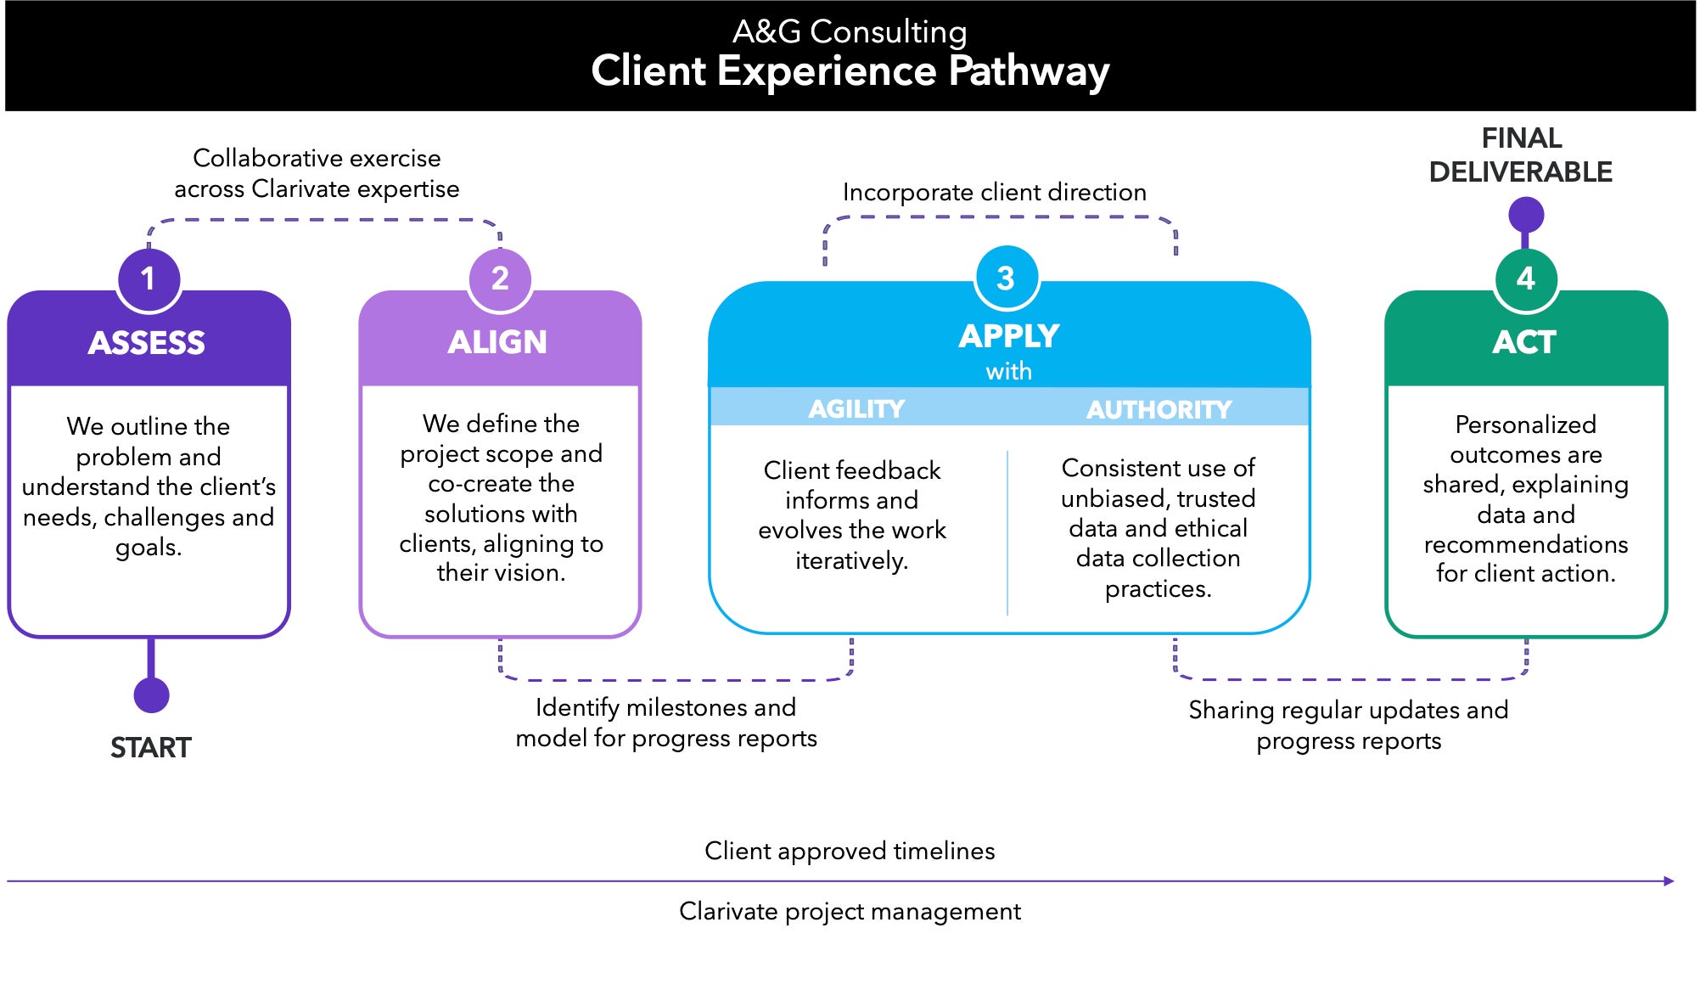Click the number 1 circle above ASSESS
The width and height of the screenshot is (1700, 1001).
[x=149, y=278]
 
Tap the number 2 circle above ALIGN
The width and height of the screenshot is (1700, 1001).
[x=500, y=278]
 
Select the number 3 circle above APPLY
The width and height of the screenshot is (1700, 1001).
[x=1006, y=278]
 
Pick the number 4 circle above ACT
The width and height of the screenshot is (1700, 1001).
[x=1525, y=278]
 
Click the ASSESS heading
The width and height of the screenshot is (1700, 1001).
[x=147, y=343]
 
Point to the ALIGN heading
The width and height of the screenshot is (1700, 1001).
[x=497, y=342]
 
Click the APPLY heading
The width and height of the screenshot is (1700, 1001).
[x=1009, y=336]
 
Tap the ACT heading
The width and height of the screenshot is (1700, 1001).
[x=1524, y=342]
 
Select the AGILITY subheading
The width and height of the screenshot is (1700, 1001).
[x=856, y=409]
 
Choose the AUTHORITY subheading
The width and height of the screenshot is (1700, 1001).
[x=1159, y=410]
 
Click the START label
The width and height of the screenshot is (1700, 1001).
[x=151, y=748]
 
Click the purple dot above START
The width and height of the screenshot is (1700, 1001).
[x=151, y=695]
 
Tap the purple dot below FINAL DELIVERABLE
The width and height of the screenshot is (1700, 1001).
[x=1525, y=215]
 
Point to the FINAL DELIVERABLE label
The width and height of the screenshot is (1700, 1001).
[x=1521, y=155]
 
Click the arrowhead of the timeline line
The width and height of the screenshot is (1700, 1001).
[x=1669, y=881]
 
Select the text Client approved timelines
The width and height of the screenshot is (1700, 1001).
[x=850, y=851]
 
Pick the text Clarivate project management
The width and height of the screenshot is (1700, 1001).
[x=850, y=911]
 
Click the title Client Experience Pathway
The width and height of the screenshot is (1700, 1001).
[x=850, y=70]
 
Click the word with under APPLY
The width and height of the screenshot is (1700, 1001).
[x=1008, y=371]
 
